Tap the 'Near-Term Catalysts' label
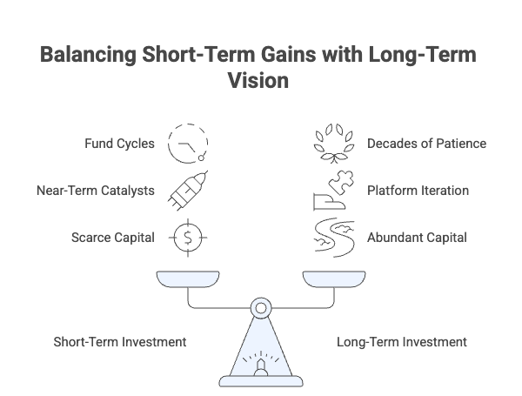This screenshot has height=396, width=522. pos(97,191)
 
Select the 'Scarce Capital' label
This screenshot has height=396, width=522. pos(112,237)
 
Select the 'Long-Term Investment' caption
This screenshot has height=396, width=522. pos(401,342)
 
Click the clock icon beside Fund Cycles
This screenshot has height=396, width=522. pos(188,143)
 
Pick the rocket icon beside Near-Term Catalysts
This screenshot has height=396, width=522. pos(188,190)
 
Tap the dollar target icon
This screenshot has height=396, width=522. pos(188,237)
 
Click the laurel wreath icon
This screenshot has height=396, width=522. pos(333,143)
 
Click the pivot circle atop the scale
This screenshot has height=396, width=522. pos(260,307)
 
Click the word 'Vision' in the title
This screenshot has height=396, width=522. pos(261,78)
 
